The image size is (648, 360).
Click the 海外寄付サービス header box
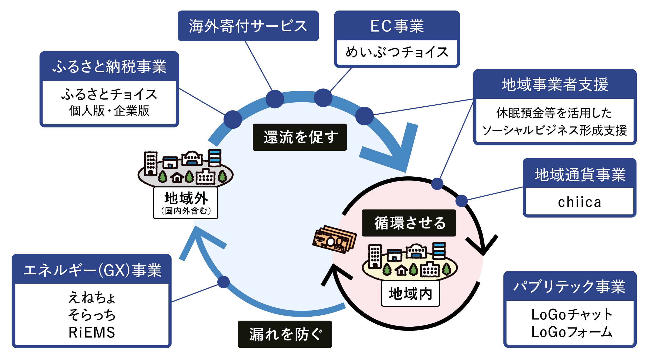(x=248, y=26)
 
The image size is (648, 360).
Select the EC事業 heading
(x=397, y=26)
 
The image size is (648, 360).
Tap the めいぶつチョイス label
(x=397, y=53)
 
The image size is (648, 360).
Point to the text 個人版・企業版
(x=109, y=111)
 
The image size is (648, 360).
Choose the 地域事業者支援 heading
(x=555, y=85)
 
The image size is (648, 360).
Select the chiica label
(x=579, y=202)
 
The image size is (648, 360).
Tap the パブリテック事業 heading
(x=570, y=287)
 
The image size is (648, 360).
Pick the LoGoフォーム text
(x=572, y=332)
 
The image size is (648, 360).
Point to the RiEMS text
(x=92, y=333)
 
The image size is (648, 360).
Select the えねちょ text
(x=92, y=298)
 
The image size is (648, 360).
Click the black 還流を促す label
(x=300, y=137)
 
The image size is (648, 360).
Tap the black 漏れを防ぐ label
(x=285, y=334)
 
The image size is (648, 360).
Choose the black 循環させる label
(x=409, y=223)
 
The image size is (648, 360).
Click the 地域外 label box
(x=186, y=203)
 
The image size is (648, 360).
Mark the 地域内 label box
(x=410, y=294)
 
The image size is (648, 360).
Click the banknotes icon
(x=334, y=239)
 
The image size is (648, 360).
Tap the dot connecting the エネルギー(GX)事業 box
(x=224, y=282)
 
